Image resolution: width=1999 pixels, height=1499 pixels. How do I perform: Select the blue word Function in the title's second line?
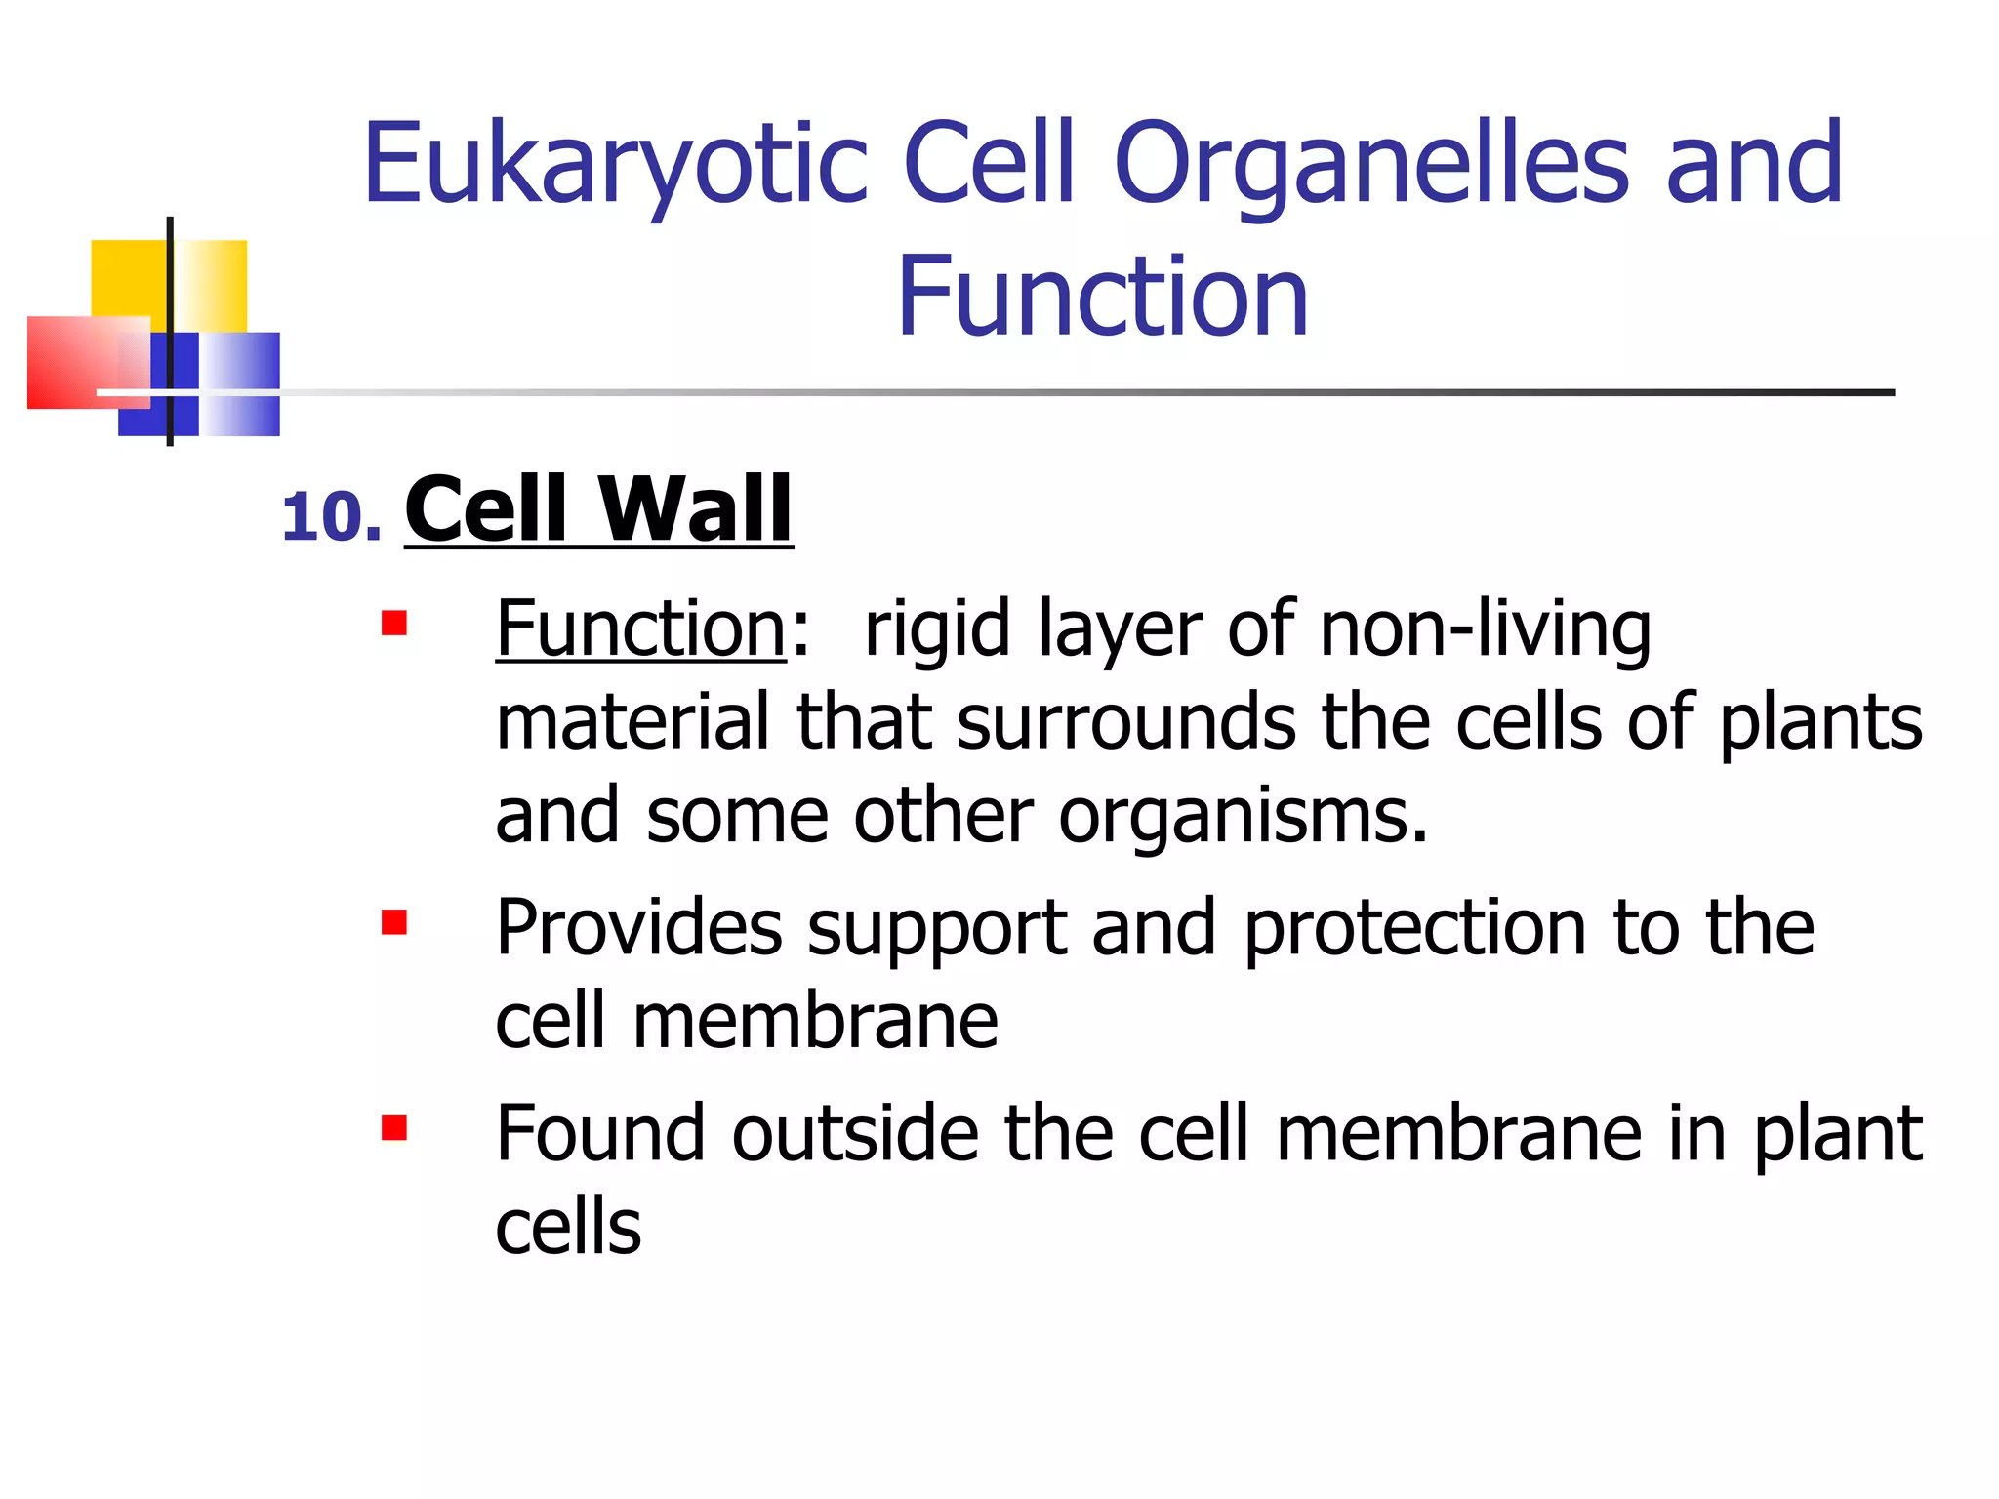point(1102,298)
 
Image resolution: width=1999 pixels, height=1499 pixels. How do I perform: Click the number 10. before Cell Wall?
point(331,517)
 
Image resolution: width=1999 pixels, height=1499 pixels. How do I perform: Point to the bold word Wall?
point(694,508)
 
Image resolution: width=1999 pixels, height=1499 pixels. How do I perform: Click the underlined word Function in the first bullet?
point(640,629)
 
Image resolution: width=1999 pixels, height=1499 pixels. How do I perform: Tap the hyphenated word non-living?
point(1485,629)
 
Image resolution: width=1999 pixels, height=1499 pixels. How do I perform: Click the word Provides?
point(639,927)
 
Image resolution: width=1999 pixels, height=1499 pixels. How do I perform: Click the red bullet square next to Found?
point(394,1128)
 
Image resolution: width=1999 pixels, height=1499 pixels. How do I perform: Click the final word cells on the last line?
point(568,1228)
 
